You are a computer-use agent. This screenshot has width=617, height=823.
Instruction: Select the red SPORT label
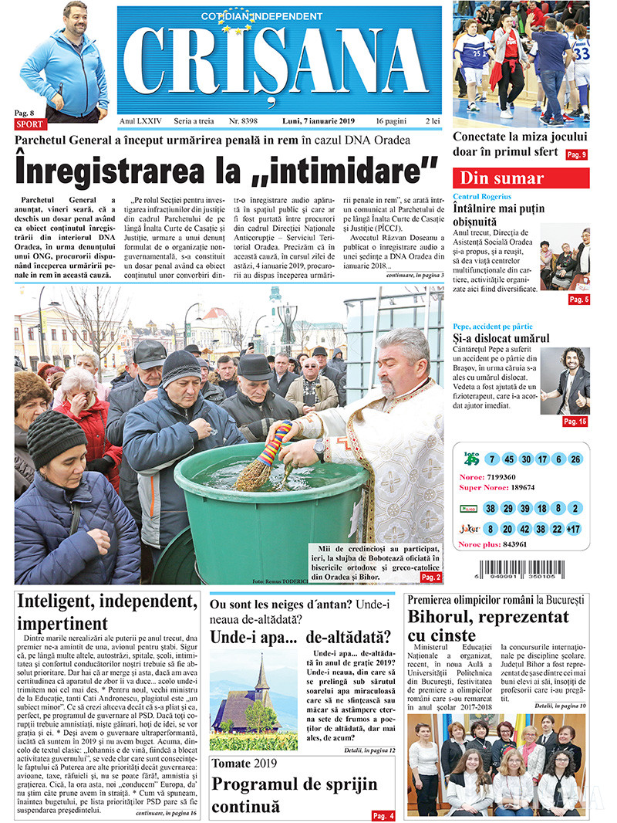pos(30,124)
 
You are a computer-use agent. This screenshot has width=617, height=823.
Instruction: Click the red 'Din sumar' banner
pos(521,178)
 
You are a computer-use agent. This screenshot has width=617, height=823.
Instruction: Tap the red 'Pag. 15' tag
pos(575,422)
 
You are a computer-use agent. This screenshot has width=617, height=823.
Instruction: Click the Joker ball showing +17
pos(574,529)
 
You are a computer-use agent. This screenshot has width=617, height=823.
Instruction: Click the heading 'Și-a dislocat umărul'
pos(501,338)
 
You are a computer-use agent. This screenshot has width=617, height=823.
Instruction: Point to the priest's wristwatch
pos(319,449)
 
